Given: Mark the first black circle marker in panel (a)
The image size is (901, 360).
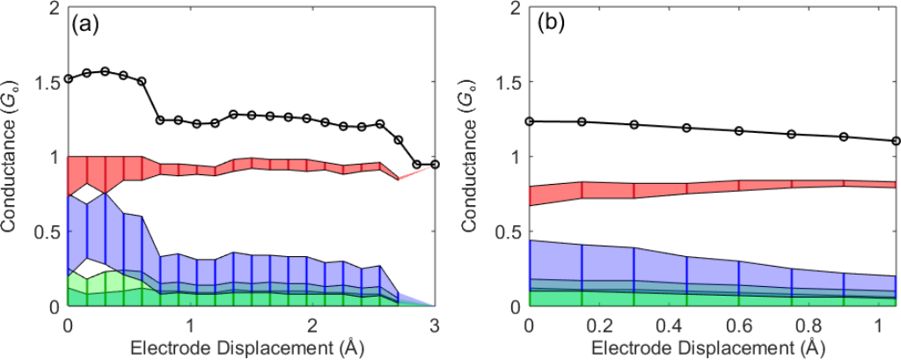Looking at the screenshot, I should [68, 78].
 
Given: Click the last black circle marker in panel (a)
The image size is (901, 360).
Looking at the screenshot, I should [434, 164].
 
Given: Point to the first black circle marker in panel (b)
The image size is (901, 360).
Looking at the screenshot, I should [529, 121].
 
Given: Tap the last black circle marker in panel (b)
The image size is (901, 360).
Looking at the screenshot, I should [896, 141].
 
